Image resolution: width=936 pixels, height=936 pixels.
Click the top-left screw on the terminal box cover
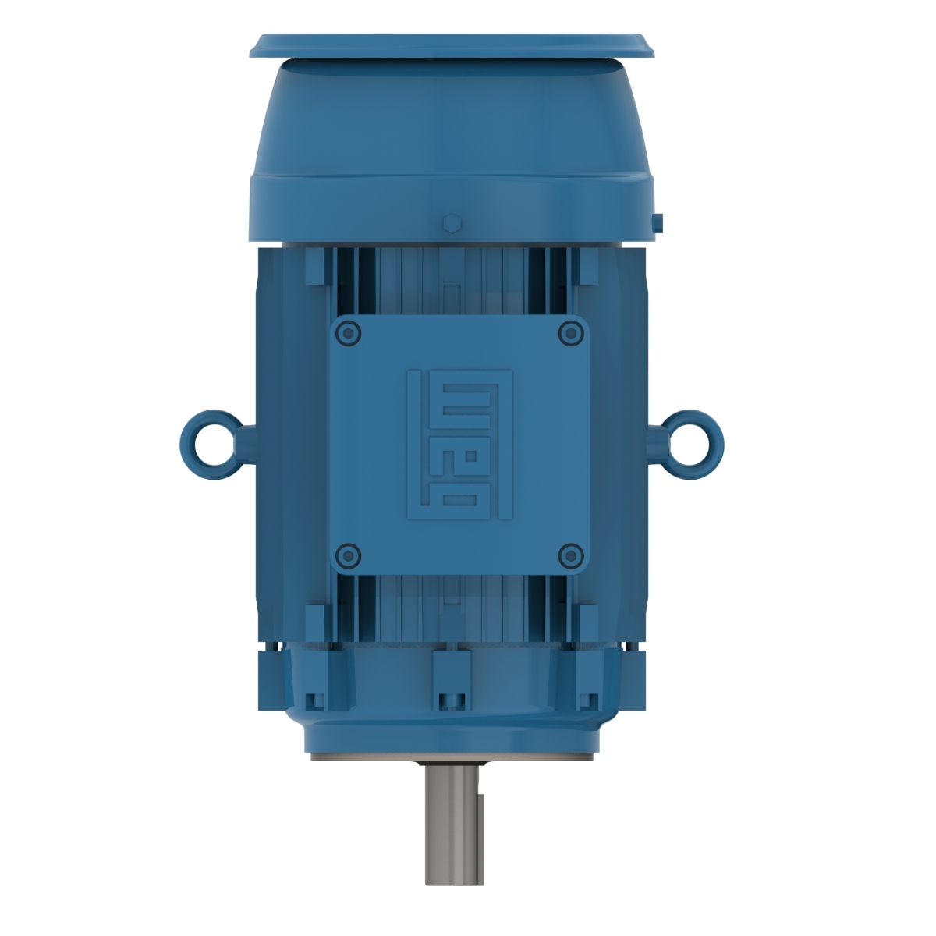tap(348, 334)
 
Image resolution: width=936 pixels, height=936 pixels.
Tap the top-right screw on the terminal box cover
tap(572, 334)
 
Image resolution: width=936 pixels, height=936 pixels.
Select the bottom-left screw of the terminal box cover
tap(348, 555)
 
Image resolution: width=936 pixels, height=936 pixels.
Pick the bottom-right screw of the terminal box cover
tap(572, 555)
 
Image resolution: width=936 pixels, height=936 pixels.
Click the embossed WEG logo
tap(459, 445)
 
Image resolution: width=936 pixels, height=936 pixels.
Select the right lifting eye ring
tap(690, 445)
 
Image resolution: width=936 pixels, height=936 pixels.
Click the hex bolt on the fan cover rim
tap(451, 223)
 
